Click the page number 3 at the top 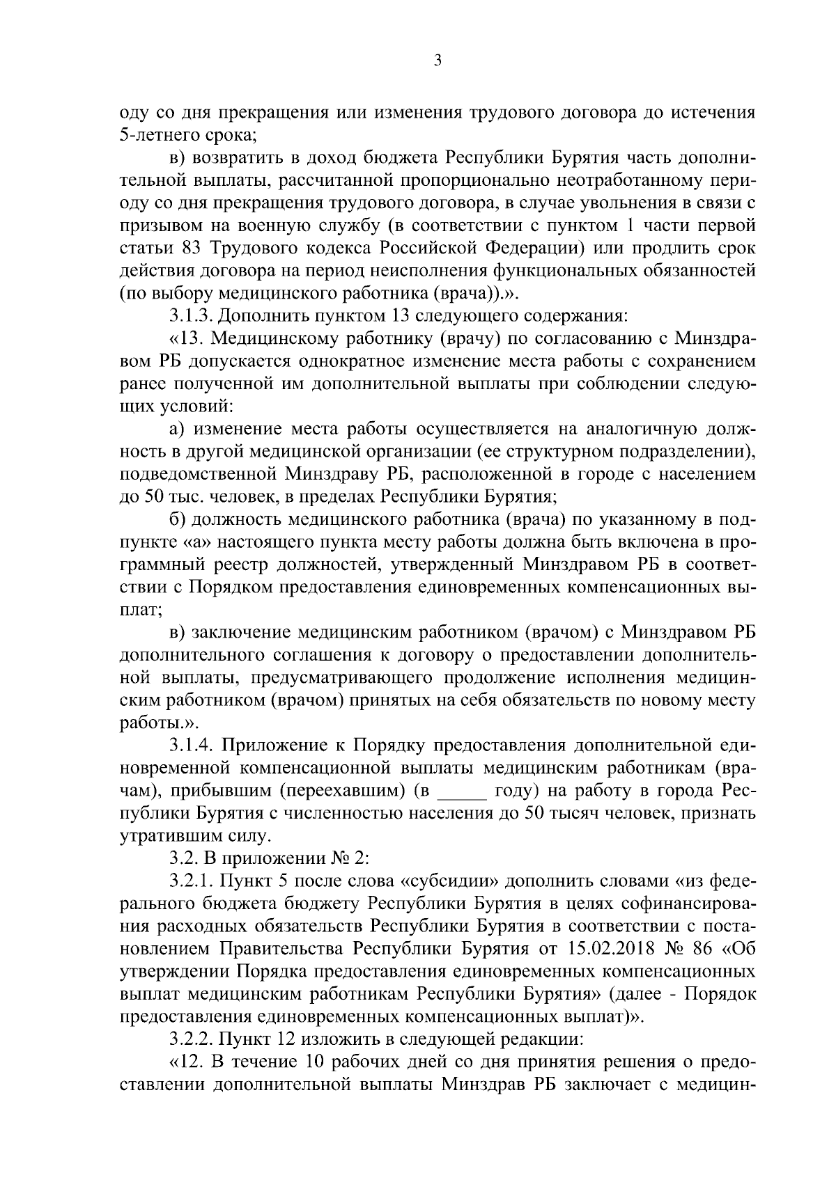[437, 61]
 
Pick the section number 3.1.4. [192, 745]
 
